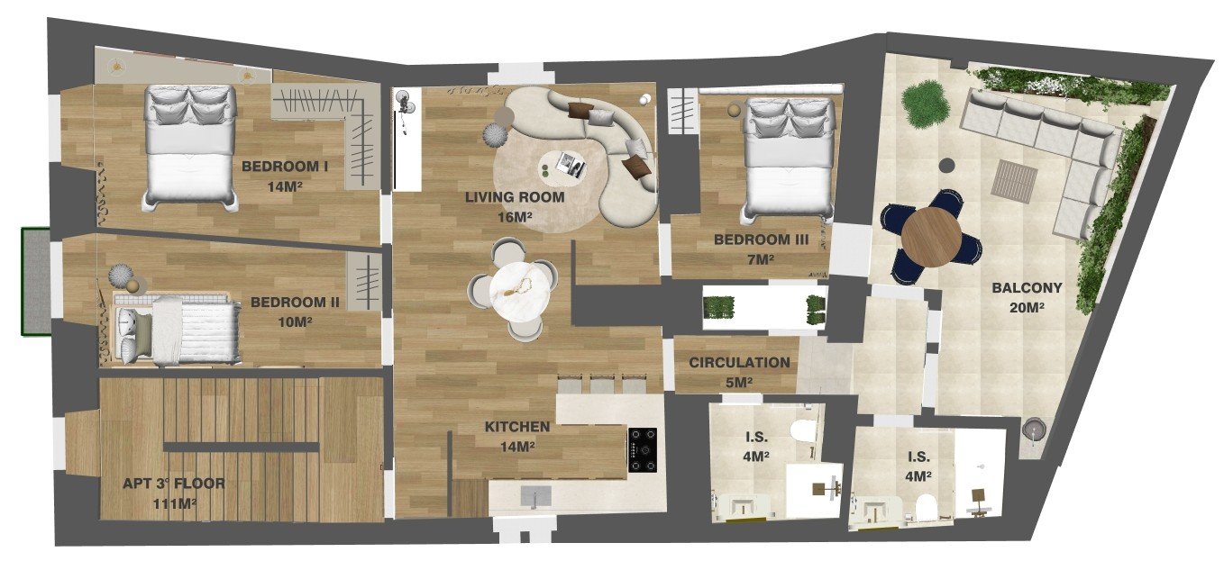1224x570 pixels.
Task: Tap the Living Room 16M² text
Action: (514, 207)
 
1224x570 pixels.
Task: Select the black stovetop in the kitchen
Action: (642, 449)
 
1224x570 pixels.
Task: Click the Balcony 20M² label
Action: (1027, 297)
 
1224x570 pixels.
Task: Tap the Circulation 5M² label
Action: (739, 372)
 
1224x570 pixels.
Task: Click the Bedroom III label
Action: (761, 249)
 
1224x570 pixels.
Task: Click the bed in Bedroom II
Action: (175, 330)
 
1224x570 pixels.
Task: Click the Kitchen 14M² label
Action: (517, 436)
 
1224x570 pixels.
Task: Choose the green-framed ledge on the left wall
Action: (36, 281)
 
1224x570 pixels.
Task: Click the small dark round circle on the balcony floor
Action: (947, 165)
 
